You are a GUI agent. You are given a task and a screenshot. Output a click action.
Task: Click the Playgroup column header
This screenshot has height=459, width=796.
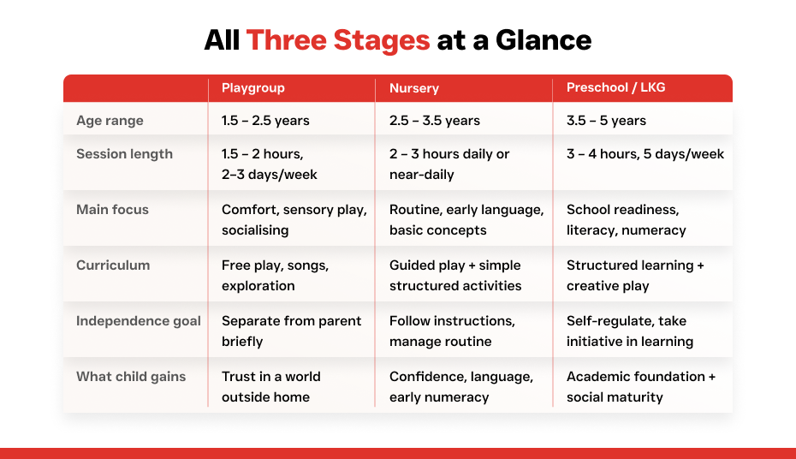tap(252, 88)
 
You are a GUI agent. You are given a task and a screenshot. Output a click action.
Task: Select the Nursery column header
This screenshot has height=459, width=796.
tap(413, 88)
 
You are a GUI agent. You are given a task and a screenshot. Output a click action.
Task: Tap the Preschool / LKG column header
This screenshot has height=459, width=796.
tap(615, 87)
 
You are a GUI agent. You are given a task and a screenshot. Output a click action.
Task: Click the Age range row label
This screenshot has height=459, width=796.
tap(110, 121)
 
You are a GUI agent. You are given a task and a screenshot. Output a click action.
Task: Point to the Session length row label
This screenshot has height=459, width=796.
tap(124, 154)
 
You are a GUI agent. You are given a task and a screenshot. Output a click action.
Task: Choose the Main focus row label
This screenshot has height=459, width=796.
tap(112, 210)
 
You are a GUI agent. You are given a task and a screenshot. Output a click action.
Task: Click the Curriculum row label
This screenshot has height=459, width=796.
tap(113, 265)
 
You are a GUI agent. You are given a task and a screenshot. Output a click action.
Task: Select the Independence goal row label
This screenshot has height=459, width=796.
tap(138, 321)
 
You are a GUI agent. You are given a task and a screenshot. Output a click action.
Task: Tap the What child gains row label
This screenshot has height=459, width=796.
tap(131, 377)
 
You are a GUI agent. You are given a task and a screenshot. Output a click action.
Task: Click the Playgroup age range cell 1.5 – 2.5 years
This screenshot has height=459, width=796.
tap(265, 121)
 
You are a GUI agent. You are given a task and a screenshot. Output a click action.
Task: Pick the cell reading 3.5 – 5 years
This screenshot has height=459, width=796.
tap(606, 121)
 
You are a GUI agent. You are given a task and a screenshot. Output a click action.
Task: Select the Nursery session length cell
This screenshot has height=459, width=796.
tap(449, 164)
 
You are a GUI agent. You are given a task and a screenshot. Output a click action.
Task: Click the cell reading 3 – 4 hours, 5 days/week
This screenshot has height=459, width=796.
tap(645, 154)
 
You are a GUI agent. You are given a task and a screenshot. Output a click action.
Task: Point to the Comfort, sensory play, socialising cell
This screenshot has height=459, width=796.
tap(294, 220)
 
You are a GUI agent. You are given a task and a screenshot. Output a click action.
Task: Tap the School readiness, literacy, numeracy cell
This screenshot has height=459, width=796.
tap(626, 220)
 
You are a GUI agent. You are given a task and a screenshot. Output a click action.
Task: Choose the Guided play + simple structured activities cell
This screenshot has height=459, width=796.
tap(454, 275)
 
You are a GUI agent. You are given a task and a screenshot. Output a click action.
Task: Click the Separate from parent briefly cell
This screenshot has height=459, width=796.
tap(291, 331)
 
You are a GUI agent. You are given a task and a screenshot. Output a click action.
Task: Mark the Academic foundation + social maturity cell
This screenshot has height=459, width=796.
tap(641, 387)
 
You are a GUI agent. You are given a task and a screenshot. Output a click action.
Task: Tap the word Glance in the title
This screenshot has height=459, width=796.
tap(544, 40)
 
